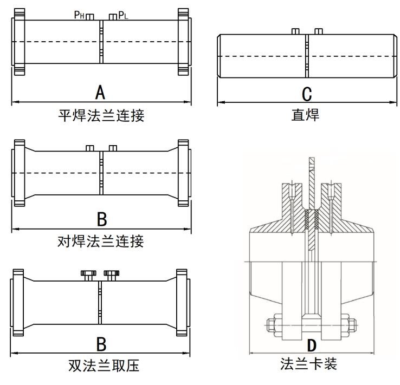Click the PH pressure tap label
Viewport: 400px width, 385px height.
coord(79,15)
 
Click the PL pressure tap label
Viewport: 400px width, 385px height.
coord(123,15)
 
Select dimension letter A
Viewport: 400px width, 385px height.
coord(100,93)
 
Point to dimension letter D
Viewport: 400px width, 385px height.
coord(312,345)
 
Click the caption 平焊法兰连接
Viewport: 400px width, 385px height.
coord(101,115)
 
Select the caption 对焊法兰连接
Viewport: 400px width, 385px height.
coord(101,240)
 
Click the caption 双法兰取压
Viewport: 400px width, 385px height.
coord(101,366)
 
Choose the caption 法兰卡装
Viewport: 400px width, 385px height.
coord(309,364)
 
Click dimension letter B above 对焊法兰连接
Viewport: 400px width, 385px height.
coord(101,219)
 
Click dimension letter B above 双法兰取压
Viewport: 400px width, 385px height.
coord(101,343)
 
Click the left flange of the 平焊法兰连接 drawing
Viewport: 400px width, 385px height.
coord(18,42)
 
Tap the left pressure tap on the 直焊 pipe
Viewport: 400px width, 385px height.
coord(295,31)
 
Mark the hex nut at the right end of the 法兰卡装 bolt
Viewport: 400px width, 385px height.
coord(350,325)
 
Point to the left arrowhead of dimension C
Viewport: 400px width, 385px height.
coord(220,102)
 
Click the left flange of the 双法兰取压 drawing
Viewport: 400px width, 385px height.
coord(18,300)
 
